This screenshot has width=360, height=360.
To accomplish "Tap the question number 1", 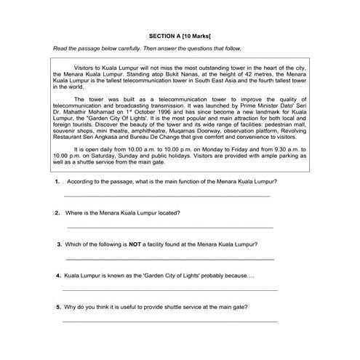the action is point(57,181).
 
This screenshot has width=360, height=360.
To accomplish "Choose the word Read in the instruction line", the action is point(60,49).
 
